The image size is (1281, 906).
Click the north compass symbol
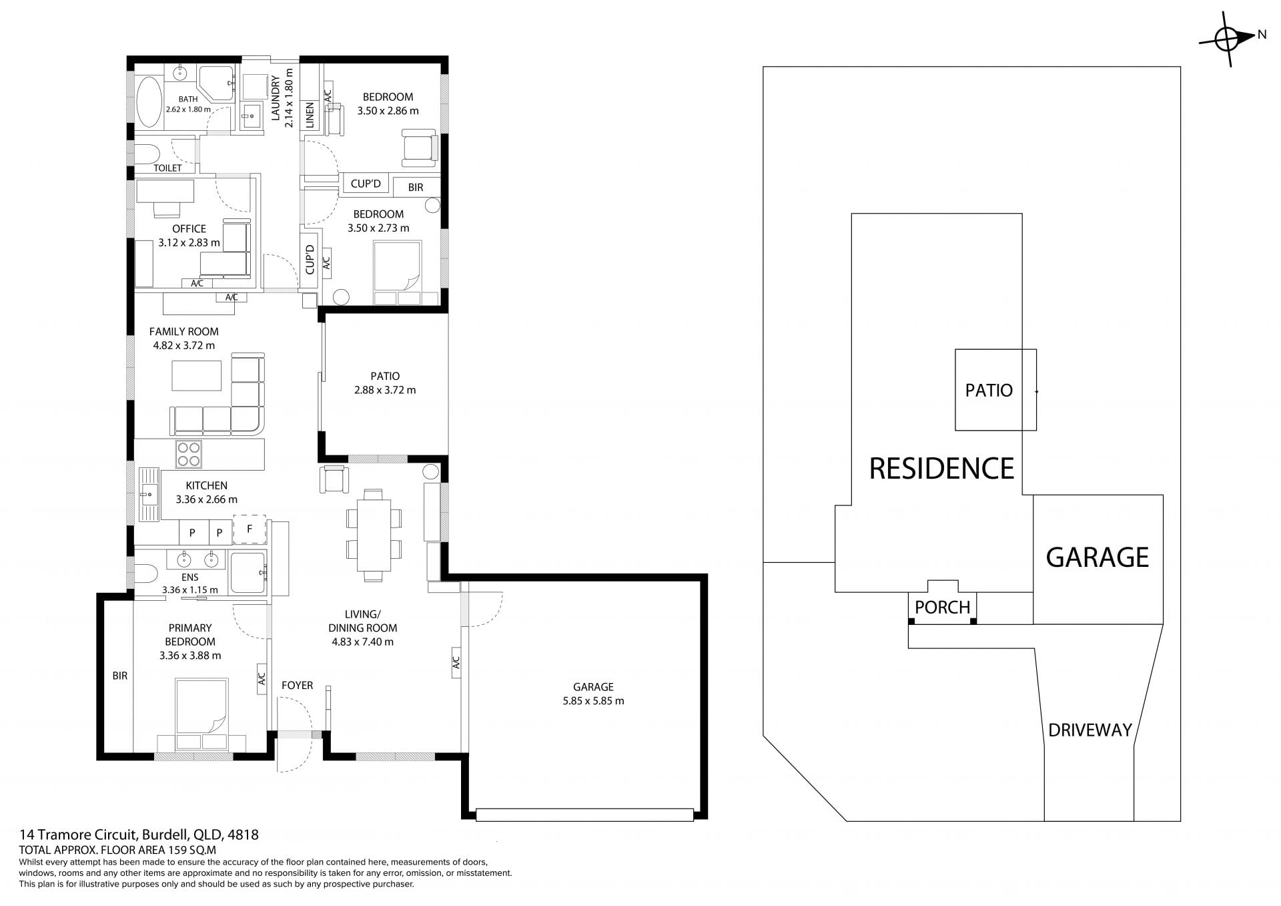click(x=1227, y=39)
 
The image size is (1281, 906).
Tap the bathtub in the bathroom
click(x=149, y=102)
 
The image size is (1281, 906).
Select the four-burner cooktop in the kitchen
click(x=189, y=454)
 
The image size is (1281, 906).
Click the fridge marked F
click(x=250, y=529)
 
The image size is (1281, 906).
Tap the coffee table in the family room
click(x=197, y=375)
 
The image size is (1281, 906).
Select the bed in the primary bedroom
click(x=201, y=713)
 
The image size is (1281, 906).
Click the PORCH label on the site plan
click(x=942, y=607)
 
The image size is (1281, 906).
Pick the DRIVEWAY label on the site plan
click(x=1090, y=730)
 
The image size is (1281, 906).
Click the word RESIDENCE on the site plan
click(x=941, y=468)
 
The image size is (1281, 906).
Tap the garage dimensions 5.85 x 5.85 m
click(x=593, y=701)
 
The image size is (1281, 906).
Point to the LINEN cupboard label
click(x=310, y=115)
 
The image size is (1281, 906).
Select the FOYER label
click(x=297, y=685)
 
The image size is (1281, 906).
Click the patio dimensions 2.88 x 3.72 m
click(x=385, y=390)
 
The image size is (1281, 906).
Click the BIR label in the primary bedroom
click(x=119, y=676)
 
